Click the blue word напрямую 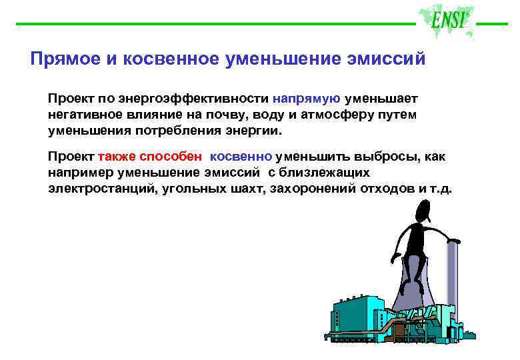pyautogui.click(x=306, y=98)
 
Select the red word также pyautogui.click(x=116, y=157)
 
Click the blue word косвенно pyautogui.click(x=241, y=157)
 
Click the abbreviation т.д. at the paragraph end pyautogui.click(x=441, y=189)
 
